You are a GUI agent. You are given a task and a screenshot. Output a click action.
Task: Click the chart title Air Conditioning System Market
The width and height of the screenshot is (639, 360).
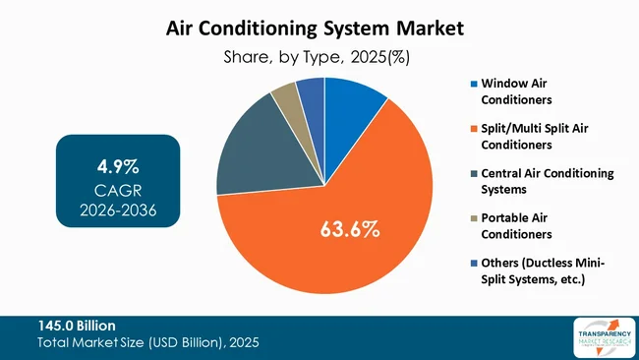tap(319, 28)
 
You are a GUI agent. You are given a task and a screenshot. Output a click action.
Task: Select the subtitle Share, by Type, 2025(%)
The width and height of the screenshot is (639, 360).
tap(319, 57)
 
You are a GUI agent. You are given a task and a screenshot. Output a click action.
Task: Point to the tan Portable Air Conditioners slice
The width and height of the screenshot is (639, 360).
tap(286, 95)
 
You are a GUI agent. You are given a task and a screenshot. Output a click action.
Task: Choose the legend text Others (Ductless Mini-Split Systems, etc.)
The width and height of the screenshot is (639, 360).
tap(542, 271)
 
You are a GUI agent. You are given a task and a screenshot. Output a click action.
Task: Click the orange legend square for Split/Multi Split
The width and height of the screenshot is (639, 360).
tap(473, 128)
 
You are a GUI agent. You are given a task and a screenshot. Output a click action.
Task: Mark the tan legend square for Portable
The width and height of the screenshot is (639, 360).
tap(473, 218)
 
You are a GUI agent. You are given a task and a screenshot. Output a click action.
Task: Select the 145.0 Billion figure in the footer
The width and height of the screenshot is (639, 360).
tap(76, 326)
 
